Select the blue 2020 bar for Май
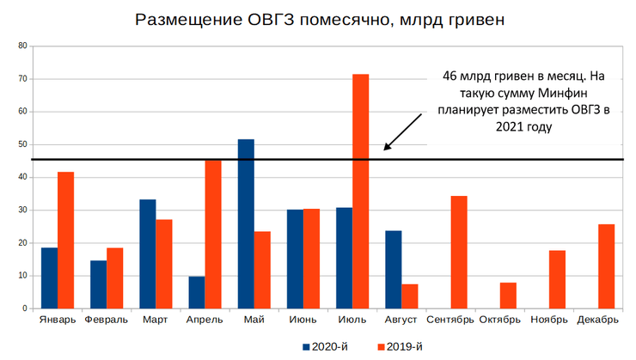pyautogui.click(x=246, y=223)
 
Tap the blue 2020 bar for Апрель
pyautogui.click(x=197, y=292)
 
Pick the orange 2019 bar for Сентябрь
pyautogui.click(x=459, y=252)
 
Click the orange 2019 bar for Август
pyautogui.click(x=409, y=296)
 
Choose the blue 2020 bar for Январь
pyautogui.click(x=49, y=278)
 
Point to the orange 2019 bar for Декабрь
pyautogui.click(x=607, y=265)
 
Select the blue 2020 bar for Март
pyautogui.click(x=148, y=253)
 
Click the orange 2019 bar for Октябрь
pyautogui.click(x=508, y=295)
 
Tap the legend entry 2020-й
pyautogui.click(x=326, y=346)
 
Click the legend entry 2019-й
pyautogui.click(x=401, y=346)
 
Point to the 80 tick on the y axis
pyautogui.click(x=23, y=46)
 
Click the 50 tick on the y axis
pyautogui.click(x=23, y=144)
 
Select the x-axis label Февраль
pyautogui.click(x=107, y=320)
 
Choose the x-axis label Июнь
pyautogui.click(x=303, y=320)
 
